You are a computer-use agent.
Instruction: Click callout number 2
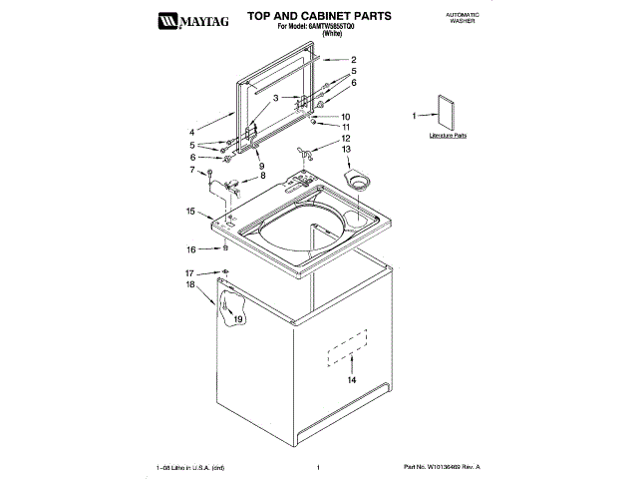click(353, 61)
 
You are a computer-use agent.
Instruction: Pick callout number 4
click(191, 132)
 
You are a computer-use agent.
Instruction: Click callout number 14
click(350, 380)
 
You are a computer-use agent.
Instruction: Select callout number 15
click(190, 211)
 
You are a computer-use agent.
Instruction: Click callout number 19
click(238, 319)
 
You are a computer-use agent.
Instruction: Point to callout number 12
click(345, 138)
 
